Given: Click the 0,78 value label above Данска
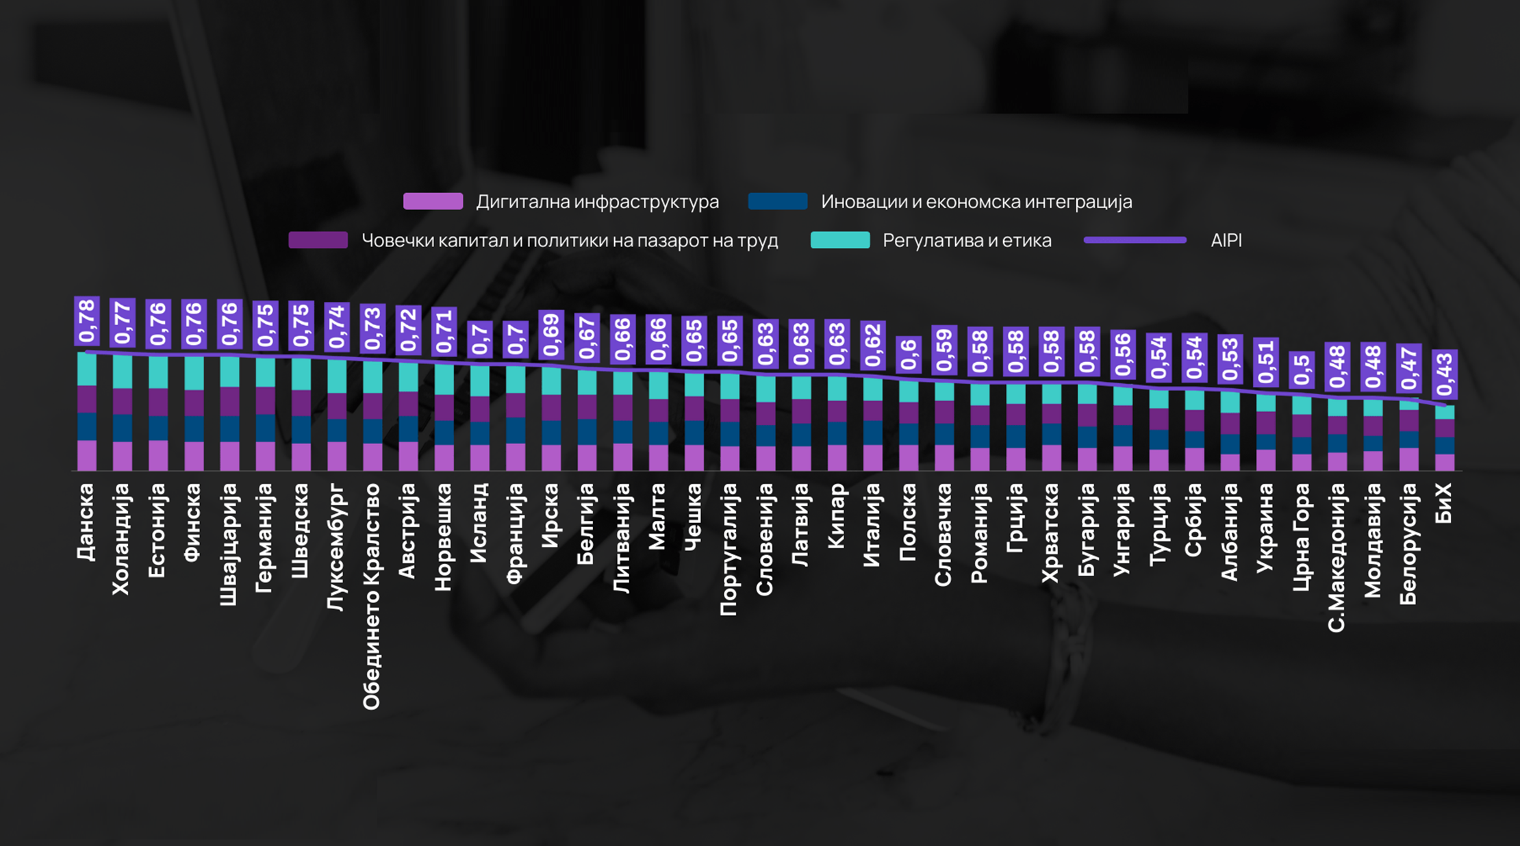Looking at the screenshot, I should pos(87,321).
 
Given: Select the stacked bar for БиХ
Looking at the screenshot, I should pos(1445,438).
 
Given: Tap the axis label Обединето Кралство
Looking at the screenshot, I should pos(371,596).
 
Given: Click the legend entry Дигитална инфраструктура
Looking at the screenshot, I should pos(561,202).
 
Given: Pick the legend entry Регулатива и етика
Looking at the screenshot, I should pos(931,241).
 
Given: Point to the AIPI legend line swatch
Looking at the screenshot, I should pos(1135,240).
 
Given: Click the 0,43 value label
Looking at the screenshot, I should pos(1445,374).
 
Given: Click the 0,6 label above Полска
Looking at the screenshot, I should pos(909,355).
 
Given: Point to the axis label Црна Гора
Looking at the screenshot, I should pos(1301,537).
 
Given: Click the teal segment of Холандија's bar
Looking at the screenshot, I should pos(123,372).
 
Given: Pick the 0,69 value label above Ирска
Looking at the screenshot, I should pos(551,335).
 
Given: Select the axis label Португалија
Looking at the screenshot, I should pos(730,549).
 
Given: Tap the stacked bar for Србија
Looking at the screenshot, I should pos(1195,430).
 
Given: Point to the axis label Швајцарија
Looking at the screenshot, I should pos(229,544).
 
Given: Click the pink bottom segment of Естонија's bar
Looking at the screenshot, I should pos(158,455).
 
